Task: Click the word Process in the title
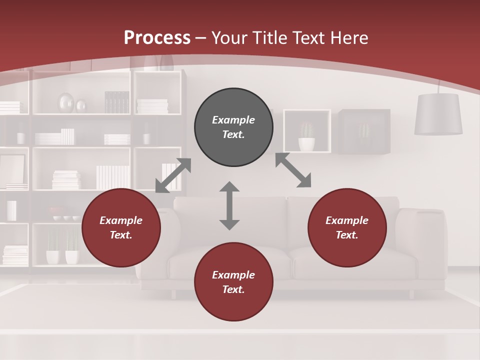pyautogui.click(x=157, y=38)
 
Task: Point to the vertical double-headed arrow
pyautogui.click(x=229, y=205)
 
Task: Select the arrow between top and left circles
pyautogui.click(x=173, y=175)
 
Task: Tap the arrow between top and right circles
pyautogui.click(x=293, y=170)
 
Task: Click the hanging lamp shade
pyautogui.click(x=438, y=114)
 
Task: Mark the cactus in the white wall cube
pyautogui.click(x=306, y=136)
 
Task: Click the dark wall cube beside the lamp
pyautogui.click(x=364, y=131)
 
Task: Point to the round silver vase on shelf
pyautogui.click(x=65, y=103)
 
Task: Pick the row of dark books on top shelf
pyautogui.click(x=117, y=102)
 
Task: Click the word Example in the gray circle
pyautogui.click(x=233, y=120)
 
